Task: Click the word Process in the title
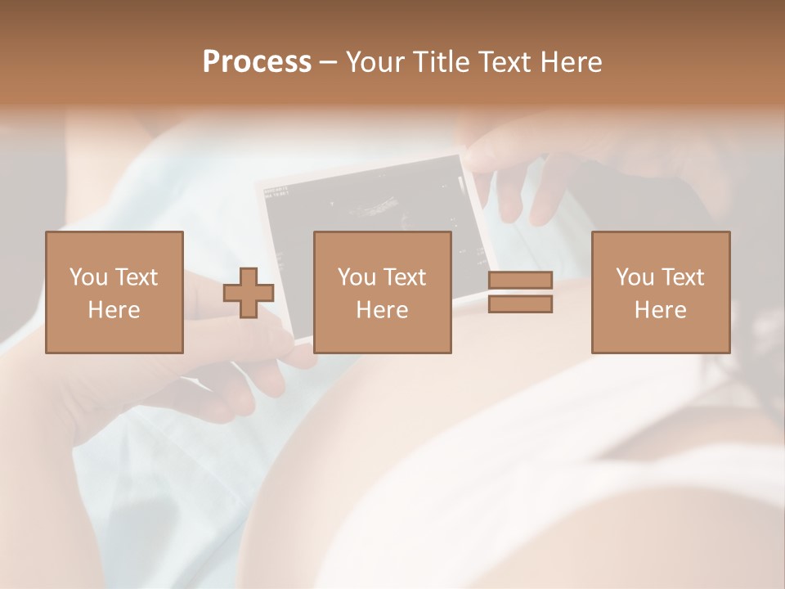257,62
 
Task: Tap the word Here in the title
572,62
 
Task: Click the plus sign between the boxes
249,293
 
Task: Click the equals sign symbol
520,292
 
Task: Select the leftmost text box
114,292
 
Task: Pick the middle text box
382,292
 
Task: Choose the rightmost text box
660,292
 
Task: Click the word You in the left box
87,277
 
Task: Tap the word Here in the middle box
382,310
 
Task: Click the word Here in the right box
660,310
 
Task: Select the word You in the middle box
356,277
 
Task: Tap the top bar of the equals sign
520,281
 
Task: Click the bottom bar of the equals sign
520,304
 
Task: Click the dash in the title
329,63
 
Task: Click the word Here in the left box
114,310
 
